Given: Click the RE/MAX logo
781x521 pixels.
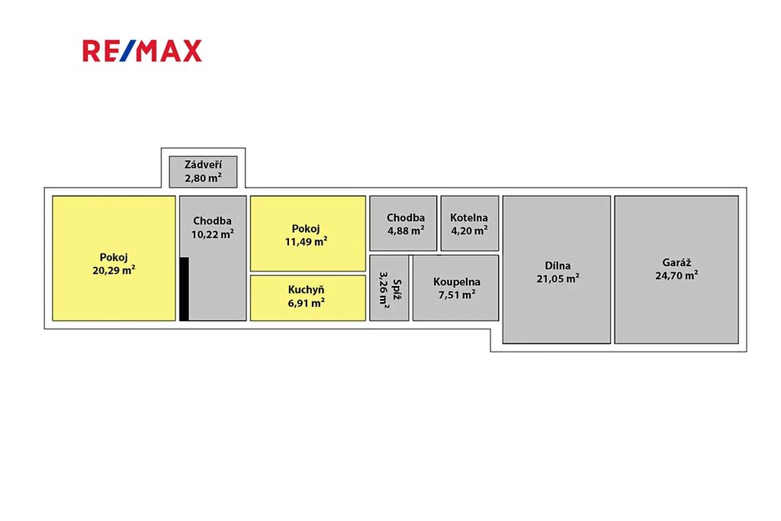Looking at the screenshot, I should pos(142,51).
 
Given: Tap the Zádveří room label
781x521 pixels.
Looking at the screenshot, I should pos(203,165).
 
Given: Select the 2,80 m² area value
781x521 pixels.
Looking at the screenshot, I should pos(203,178).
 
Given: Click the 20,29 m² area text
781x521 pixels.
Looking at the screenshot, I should pos(114,269).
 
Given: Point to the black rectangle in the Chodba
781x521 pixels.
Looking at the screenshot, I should pos(184,289).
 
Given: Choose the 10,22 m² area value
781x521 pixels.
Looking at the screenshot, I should pos(213,234).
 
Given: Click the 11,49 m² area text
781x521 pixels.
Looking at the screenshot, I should pos(306,241).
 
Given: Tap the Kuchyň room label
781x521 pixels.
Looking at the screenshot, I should pos(307,289).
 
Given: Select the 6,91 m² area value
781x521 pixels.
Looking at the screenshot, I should pos(307,302).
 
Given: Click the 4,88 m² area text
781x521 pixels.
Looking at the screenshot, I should pos(405,230).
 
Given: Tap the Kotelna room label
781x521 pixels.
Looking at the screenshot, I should pos(470,217).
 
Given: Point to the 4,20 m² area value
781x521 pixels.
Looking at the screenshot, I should pos(470,230).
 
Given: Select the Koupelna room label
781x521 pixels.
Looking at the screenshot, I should pos(457,281).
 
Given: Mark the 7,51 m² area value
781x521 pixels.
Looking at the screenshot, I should pos(457,294).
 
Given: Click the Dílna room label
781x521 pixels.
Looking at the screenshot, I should pos(557,265).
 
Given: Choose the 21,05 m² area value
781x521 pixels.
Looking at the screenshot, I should pos(557,278).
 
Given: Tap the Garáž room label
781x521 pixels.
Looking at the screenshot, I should pos(676,262).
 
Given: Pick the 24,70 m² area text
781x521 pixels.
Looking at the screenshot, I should pos(676,276).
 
